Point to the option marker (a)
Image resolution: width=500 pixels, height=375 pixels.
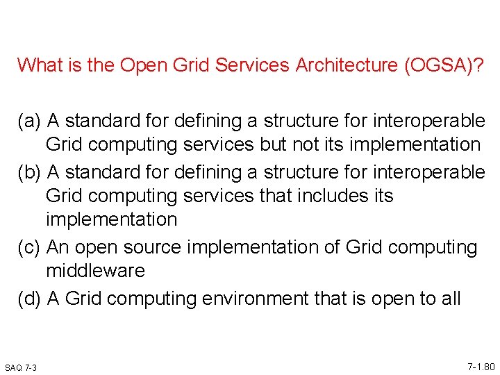(x=30, y=122)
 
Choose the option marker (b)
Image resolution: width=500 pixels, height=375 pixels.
(x=30, y=172)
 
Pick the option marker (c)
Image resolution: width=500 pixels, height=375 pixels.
(x=30, y=247)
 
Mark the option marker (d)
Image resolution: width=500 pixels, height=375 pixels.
(x=30, y=299)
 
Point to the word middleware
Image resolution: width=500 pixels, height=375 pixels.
(x=95, y=271)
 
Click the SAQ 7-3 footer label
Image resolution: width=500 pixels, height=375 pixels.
(x=21, y=367)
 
